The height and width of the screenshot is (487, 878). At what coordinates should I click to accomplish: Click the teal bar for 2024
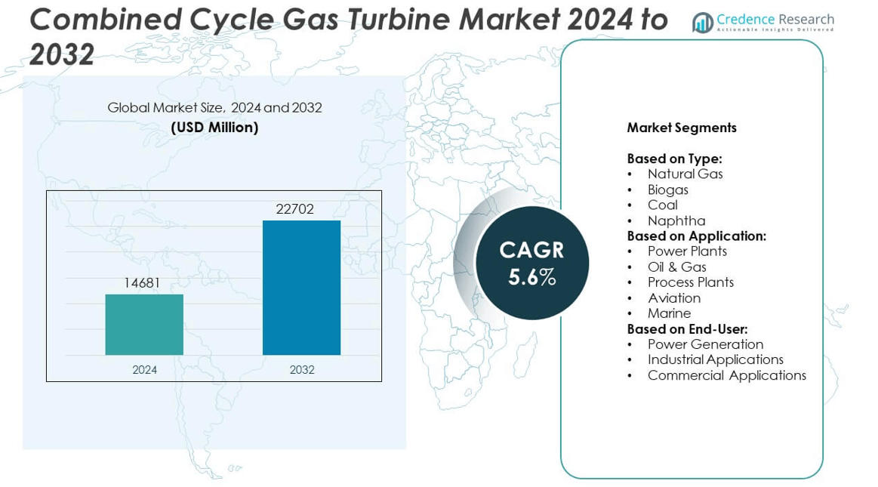click(x=144, y=325)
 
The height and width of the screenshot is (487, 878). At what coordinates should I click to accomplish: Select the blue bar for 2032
click(x=301, y=288)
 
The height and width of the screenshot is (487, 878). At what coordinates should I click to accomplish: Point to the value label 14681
click(x=143, y=283)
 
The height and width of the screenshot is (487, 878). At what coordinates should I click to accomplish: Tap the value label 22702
click(x=294, y=209)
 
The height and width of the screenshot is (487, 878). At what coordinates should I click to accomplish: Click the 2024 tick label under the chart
click(x=144, y=370)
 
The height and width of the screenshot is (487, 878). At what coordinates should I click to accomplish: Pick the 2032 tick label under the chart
click(x=301, y=370)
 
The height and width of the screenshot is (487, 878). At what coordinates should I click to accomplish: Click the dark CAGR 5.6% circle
click(x=531, y=263)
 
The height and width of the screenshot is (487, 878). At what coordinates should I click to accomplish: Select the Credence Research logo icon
click(x=703, y=23)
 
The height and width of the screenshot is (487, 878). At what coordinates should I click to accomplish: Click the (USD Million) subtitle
click(x=214, y=128)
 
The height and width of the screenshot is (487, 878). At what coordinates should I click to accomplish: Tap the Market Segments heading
click(x=681, y=128)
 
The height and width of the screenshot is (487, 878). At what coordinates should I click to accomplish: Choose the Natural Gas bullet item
click(x=685, y=174)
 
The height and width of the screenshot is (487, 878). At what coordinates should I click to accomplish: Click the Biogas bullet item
click(x=667, y=190)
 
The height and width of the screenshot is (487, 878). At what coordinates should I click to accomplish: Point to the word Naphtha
click(x=676, y=220)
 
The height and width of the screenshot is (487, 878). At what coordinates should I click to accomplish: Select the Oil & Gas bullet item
click(x=676, y=267)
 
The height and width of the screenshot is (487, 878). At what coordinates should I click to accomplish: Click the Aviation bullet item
click(x=673, y=297)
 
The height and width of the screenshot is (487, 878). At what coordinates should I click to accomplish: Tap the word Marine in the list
click(x=669, y=313)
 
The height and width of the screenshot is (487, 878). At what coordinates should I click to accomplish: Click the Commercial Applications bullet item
click(x=726, y=375)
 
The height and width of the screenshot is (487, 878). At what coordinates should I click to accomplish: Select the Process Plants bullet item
click(x=690, y=282)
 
